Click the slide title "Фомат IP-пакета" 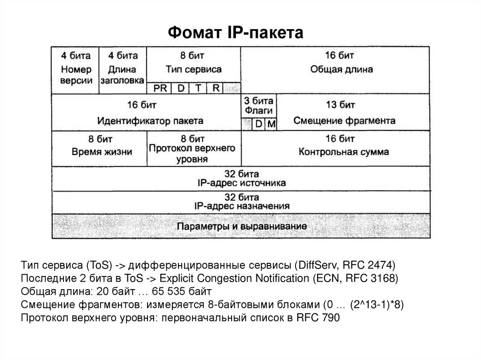[x=237, y=33]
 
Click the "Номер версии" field [x=76, y=74]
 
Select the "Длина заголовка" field [x=123, y=74]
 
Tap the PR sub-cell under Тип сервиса [x=160, y=88]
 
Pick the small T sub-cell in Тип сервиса [x=198, y=88]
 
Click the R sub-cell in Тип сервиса [x=216, y=88]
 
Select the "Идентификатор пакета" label [x=150, y=121]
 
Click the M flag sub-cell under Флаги [x=272, y=124]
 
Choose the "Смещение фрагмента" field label [x=344, y=121]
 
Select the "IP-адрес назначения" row [x=241, y=206]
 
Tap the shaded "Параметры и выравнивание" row [x=241, y=226]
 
